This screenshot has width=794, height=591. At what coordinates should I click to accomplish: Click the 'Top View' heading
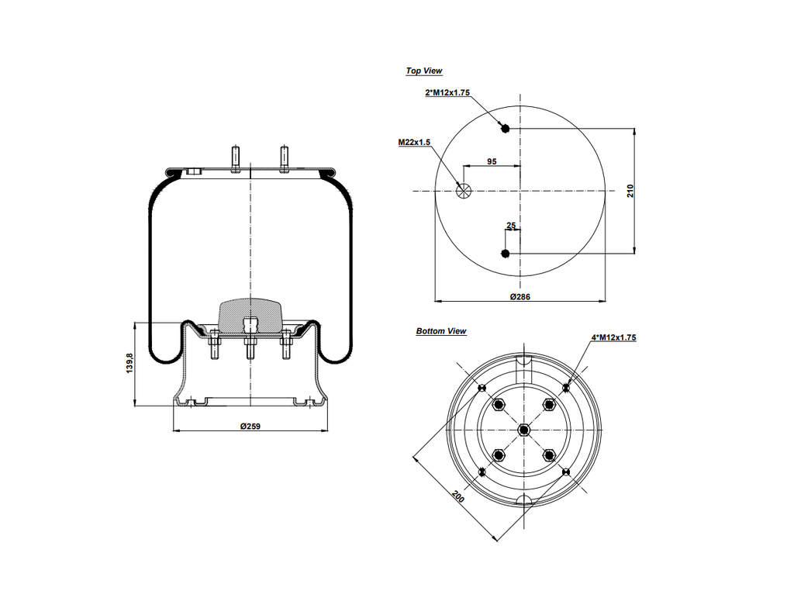pyautogui.click(x=424, y=71)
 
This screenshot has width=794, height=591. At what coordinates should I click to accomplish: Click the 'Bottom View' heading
pyautogui.click(x=441, y=331)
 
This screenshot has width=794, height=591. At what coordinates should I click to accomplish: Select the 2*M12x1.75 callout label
pyautogui.click(x=447, y=92)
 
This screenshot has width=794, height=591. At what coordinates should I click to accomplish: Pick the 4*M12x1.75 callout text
pyautogui.click(x=614, y=337)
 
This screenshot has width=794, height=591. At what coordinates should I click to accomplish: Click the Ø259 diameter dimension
pyautogui.click(x=249, y=426)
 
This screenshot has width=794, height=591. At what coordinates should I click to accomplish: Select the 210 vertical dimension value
pyautogui.click(x=630, y=190)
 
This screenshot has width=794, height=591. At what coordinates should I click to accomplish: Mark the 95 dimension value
pyautogui.click(x=492, y=161)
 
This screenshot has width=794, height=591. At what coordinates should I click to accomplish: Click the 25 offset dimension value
pyautogui.click(x=511, y=226)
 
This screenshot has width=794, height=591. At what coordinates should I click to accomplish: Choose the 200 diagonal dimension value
pyautogui.click(x=458, y=496)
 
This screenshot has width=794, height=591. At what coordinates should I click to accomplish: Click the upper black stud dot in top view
pyautogui.click(x=506, y=128)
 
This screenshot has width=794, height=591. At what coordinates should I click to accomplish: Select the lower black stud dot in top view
pyautogui.click(x=506, y=254)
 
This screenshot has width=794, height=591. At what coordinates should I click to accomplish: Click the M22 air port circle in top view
pyautogui.click(x=464, y=191)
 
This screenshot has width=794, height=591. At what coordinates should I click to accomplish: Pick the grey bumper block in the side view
pyautogui.click(x=250, y=313)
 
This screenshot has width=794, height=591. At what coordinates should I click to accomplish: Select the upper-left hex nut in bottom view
pyautogui.click(x=498, y=404)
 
